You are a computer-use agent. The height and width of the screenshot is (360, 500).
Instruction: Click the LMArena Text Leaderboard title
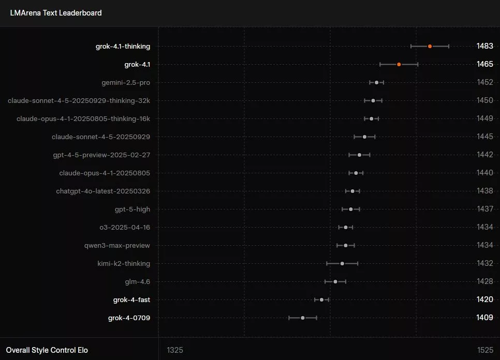pyautogui.click(x=56, y=13)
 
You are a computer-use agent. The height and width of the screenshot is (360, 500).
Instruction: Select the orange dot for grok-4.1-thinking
pyautogui.click(x=430, y=47)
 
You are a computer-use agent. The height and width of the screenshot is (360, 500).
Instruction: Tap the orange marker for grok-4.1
pyautogui.click(x=399, y=65)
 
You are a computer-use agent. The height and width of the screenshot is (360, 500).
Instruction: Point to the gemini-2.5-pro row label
pyautogui.click(x=126, y=83)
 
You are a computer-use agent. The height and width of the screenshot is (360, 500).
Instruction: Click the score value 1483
pyautogui.click(x=484, y=47)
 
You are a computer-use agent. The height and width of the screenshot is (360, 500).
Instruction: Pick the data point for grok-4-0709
pyautogui.click(x=303, y=318)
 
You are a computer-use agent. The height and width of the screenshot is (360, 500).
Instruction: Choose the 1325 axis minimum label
pyautogui.click(x=175, y=350)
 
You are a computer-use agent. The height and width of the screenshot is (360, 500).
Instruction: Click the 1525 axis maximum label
pyautogui.click(x=485, y=350)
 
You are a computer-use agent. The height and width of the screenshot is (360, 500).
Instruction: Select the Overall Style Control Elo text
pyautogui.click(x=47, y=350)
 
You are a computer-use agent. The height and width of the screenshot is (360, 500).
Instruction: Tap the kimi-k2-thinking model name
pyautogui.click(x=124, y=264)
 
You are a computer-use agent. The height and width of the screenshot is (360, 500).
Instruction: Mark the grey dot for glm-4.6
pyautogui.click(x=335, y=282)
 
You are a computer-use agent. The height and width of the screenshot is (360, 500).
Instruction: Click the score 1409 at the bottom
pyautogui.click(x=484, y=318)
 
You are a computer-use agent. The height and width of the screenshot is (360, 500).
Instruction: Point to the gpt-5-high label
pyautogui.click(x=133, y=209)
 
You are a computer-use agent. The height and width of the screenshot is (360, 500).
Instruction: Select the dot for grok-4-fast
pyautogui.click(x=321, y=300)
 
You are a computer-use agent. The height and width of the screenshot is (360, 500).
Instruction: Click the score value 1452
pyautogui.click(x=484, y=83)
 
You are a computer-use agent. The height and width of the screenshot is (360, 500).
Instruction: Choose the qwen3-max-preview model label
pyautogui.click(x=117, y=246)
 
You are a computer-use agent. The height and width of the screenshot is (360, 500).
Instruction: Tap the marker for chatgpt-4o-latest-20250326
pyautogui.click(x=352, y=191)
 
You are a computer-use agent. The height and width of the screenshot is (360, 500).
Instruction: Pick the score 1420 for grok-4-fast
pyautogui.click(x=484, y=300)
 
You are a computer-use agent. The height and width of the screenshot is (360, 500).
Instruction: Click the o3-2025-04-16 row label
pyautogui.click(x=125, y=228)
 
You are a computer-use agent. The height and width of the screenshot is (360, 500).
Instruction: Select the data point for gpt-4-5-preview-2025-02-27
pyautogui.click(x=359, y=155)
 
